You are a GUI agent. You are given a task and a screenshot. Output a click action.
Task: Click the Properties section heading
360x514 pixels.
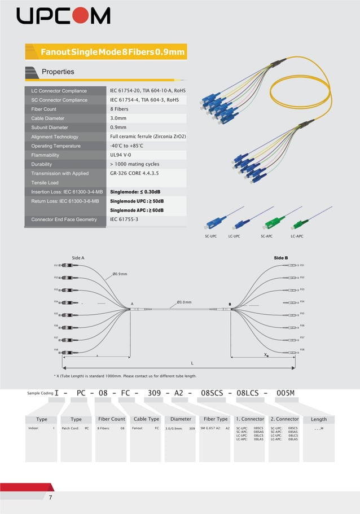click(x=58, y=72)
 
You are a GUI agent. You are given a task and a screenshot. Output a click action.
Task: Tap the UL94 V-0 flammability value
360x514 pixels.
click(x=121, y=155)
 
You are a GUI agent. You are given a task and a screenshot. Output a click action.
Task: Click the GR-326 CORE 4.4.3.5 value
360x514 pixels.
click(x=134, y=173)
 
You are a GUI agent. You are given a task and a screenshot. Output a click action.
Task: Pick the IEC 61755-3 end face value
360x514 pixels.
click(x=124, y=219)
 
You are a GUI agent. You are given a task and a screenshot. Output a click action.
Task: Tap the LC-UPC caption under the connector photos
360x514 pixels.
click(x=234, y=236)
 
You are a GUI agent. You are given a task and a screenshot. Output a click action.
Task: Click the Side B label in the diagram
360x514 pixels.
click(x=281, y=258)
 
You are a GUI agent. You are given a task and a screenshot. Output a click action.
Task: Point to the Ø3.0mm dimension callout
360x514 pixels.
click(x=184, y=302)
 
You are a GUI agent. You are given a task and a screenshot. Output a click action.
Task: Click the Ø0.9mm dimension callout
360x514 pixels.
click(x=120, y=274)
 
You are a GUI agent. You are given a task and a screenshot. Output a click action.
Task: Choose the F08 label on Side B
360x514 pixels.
click(x=302, y=350)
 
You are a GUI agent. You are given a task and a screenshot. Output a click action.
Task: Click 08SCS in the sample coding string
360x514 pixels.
click(x=213, y=393)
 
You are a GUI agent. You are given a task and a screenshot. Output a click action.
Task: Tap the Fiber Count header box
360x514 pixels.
click(x=112, y=419)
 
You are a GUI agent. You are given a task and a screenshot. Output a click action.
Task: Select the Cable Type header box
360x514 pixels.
click(x=146, y=419)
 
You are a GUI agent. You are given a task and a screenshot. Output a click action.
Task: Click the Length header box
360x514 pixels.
click(x=318, y=419)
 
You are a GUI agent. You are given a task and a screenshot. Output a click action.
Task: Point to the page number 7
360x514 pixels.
click(x=51, y=497)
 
